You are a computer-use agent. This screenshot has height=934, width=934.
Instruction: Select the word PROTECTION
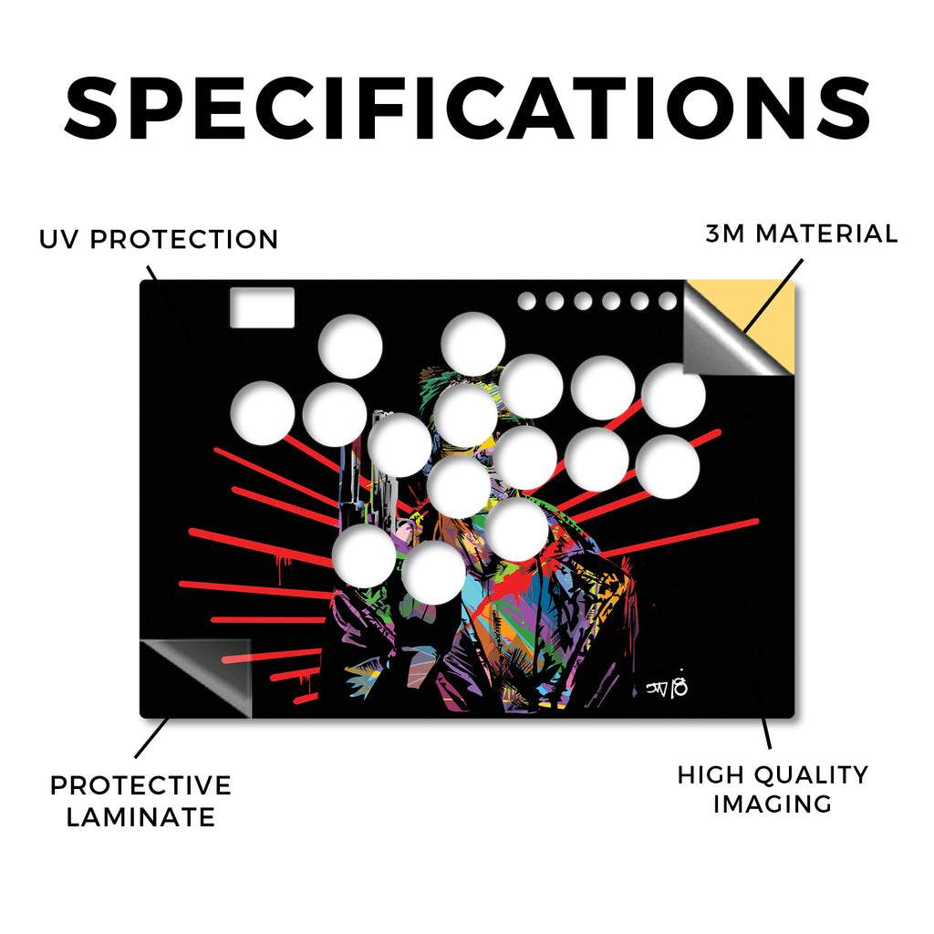(184, 240)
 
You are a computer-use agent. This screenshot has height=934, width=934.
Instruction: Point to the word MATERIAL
(826, 233)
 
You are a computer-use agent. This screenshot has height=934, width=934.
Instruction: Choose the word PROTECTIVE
(140, 785)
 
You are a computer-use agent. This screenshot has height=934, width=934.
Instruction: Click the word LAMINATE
(140, 816)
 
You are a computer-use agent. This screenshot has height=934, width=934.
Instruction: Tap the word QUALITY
(809, 775)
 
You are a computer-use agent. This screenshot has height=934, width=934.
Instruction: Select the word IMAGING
(773, 804)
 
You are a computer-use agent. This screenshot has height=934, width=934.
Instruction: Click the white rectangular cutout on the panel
(262, 307)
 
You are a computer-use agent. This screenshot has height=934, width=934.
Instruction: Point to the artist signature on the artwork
(667, 687)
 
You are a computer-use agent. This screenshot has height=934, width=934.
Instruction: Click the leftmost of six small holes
(526, 301)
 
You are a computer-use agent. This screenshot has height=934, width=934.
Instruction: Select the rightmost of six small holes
(668, 301)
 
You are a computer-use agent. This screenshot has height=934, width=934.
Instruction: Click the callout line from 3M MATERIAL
(773, 296)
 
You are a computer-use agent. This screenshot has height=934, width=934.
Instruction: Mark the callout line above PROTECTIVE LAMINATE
(151, 738)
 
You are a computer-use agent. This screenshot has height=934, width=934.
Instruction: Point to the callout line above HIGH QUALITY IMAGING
(766, 732)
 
